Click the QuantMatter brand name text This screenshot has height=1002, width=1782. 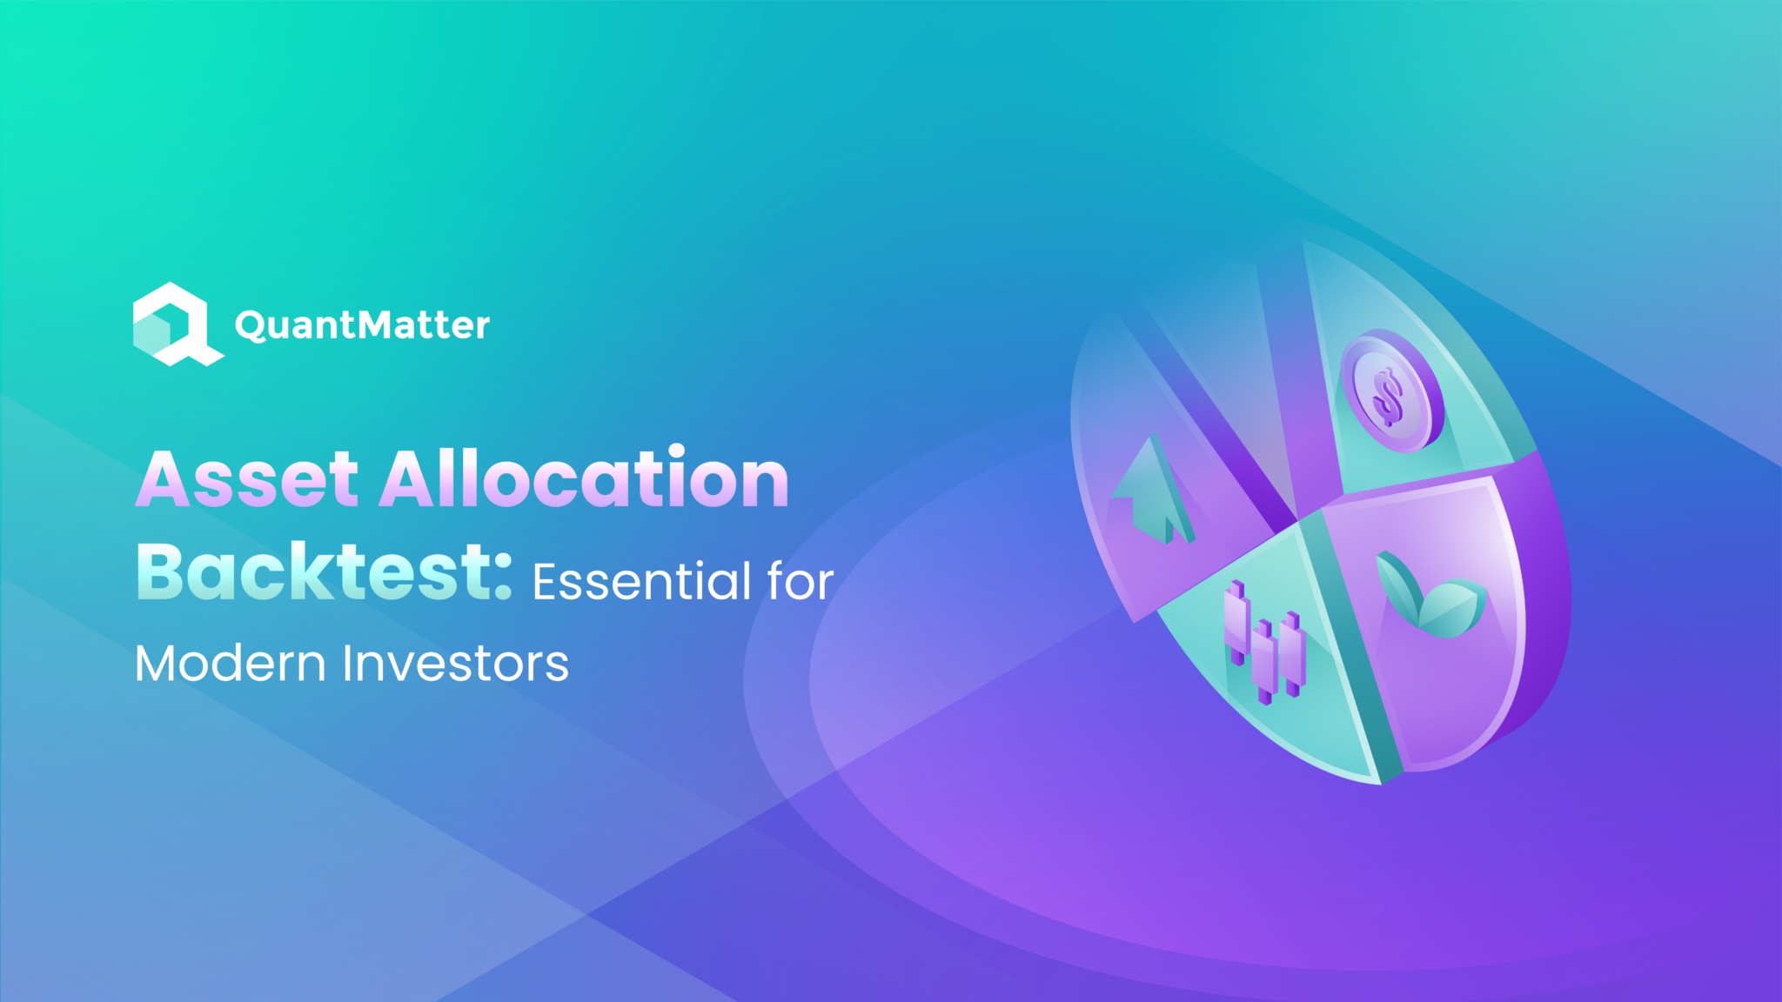[362, 325]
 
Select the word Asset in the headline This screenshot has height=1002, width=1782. [247, 479]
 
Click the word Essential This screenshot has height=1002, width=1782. [642, 581]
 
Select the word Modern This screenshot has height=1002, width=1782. [231, 664]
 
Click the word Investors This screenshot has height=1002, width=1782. [456, 664]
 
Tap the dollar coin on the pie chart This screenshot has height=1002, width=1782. [1390, 391]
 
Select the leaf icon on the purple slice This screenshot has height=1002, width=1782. [1430, 595]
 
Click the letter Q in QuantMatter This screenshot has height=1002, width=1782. [251, 326]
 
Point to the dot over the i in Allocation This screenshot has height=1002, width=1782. [678, 451]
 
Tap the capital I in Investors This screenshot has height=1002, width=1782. [348, 665]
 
